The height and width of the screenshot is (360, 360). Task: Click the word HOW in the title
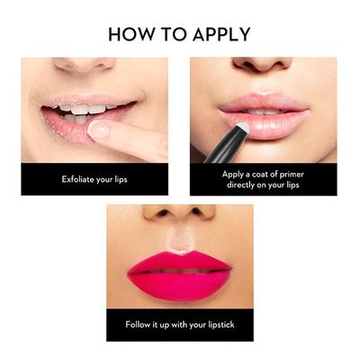point(131,35)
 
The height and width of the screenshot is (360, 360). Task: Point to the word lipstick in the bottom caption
point(216,325)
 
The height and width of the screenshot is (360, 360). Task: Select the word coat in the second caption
point(255,171)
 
